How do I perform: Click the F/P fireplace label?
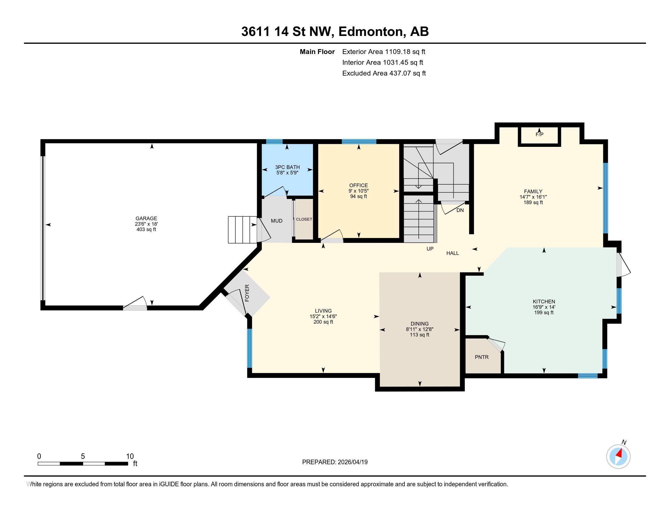point(539,134)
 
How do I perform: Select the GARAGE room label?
point(146,218)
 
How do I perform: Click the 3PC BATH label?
point(287,167)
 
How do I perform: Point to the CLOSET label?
point(304,219)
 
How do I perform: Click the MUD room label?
point(277,221)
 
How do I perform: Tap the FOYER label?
point(247,293)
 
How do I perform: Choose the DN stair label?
point(460,211)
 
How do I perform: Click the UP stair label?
point(430,249)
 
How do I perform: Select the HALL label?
point(453,253)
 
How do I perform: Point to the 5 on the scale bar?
point(83,456)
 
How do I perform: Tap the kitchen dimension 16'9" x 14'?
point(544,307)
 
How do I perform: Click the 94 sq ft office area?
point(358,197)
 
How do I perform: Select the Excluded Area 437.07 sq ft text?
point(384,73)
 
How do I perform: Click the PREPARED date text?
point(335,462)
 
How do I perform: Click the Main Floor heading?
point(317,52)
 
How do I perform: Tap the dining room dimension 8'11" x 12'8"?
point(419,329)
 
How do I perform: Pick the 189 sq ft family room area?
point(533,203)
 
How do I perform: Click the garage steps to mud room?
point(242,230)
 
